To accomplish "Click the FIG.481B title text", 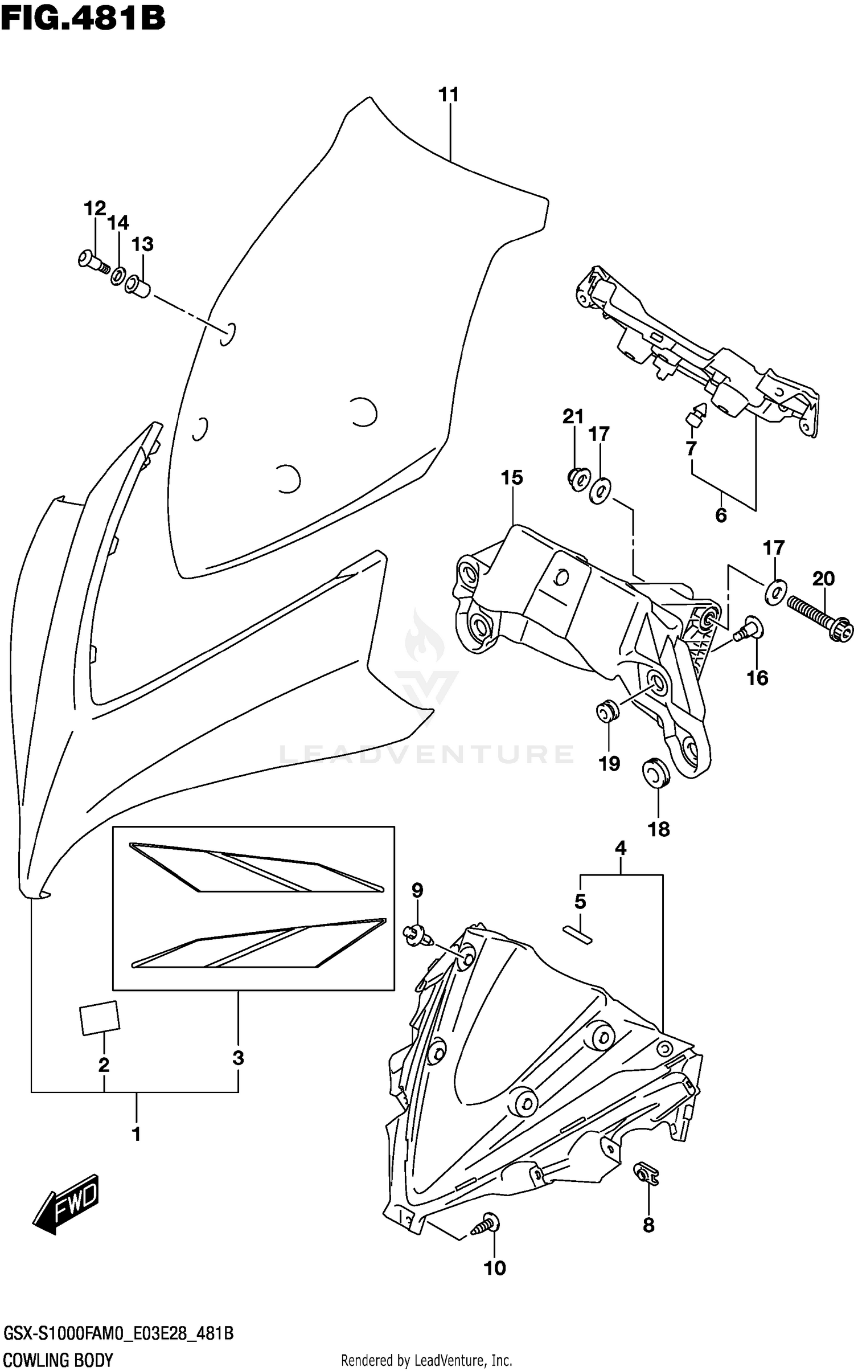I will point(83,18).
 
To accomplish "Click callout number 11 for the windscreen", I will point(449,95).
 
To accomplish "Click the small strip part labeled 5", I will point(578,935).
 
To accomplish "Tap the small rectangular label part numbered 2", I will point(100,1018).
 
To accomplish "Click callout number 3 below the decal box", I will point(238,1058).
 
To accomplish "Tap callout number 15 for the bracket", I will point(511,477).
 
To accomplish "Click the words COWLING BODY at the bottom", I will point(59,1360).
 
